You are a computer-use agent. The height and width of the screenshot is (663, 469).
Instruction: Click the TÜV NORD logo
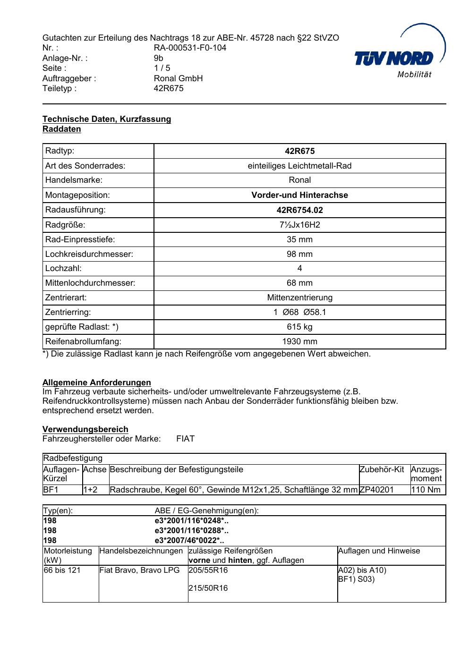[400, 58]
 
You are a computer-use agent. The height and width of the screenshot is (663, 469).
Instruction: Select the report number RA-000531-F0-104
[190, 48]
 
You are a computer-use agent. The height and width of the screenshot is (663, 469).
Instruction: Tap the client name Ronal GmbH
[178, 78]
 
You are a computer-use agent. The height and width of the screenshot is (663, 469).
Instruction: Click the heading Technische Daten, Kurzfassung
[107, 119]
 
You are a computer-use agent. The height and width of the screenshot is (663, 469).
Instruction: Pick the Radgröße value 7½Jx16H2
[299, 225]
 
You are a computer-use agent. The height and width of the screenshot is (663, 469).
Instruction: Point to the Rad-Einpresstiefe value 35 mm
[299, 239]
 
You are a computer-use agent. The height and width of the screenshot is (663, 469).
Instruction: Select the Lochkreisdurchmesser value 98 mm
[299, 254]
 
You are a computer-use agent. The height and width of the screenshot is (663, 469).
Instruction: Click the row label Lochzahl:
[63, 268]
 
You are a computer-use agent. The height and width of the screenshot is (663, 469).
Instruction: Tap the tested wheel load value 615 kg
[299, 327]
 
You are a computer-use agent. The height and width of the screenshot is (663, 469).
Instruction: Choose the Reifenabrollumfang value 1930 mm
[299, 341]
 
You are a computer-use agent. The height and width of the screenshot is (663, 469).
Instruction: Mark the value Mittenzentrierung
[299, 297]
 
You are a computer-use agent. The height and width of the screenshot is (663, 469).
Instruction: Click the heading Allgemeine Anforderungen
[97, 382]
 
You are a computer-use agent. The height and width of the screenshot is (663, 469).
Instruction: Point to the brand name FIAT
[185, 439]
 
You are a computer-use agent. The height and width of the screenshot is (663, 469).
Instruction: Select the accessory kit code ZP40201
[376, 490]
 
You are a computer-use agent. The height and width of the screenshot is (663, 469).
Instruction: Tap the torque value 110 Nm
[426, 490]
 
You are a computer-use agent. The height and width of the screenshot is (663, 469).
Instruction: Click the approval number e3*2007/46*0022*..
[189, 540]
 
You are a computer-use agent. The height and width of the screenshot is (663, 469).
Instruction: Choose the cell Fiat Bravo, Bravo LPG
[139, 570]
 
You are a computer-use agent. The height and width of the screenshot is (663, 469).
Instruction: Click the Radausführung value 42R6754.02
[299, 210]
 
